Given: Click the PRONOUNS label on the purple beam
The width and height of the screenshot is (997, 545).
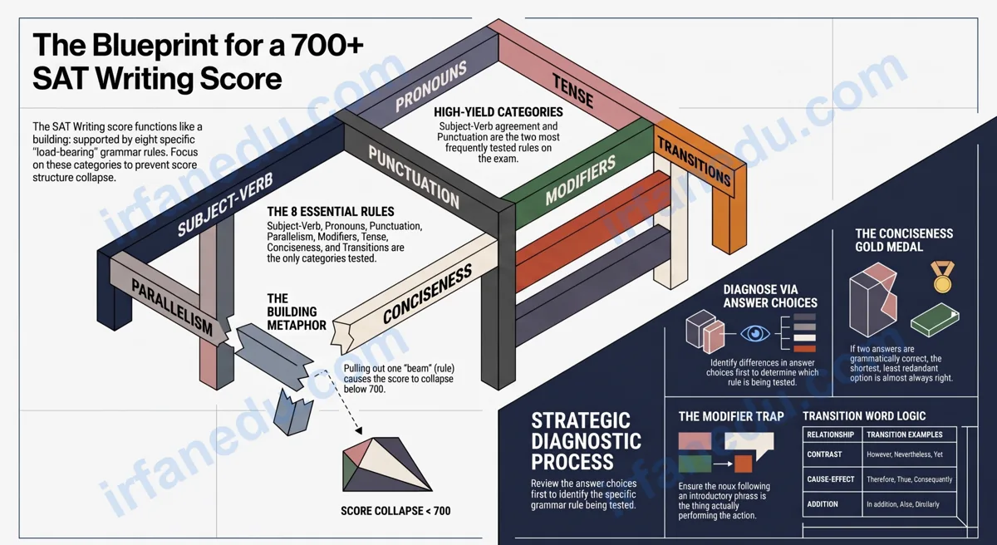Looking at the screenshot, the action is [x=430, y=86].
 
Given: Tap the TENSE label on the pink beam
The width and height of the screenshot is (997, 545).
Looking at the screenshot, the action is [x=572, y=91].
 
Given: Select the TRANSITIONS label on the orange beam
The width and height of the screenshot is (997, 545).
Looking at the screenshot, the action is [x=694, y=162].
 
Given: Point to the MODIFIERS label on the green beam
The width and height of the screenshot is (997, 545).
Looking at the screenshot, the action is [x=581, y=179].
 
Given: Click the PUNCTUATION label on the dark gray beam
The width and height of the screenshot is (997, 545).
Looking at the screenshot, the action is [x=414, y=177].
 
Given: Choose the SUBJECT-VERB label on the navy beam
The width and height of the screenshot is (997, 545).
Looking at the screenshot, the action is [x=225, y=204].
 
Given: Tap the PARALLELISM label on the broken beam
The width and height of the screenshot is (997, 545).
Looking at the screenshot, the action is [x=172, y=307].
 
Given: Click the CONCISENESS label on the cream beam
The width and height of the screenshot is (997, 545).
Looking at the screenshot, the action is [x=427, y=293].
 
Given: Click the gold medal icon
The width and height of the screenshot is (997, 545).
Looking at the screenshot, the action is [x=942, y=277].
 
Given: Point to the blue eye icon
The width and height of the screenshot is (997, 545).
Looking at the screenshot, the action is [x=755, y=333].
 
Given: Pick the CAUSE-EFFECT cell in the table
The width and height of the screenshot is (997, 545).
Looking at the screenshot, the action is [x=831, y=479].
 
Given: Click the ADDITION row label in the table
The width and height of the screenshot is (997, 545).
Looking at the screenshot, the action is [x=822, y=504].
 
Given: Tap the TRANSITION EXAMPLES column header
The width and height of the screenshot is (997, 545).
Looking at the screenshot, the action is [x=905, y=435].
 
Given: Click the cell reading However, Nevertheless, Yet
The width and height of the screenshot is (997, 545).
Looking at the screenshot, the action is [x=905, y=454].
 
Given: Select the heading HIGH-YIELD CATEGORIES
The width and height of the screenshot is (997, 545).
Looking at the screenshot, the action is [x=498, y=112].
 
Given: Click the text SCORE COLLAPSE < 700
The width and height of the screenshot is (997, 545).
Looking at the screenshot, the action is [x=395, y=511].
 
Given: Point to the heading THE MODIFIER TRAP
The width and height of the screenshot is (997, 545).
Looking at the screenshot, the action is [x=731, y=416].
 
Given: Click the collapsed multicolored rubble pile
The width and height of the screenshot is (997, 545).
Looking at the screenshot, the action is [x=386, y=464].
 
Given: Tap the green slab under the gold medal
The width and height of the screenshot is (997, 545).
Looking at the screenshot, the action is [x=935, y=321].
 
